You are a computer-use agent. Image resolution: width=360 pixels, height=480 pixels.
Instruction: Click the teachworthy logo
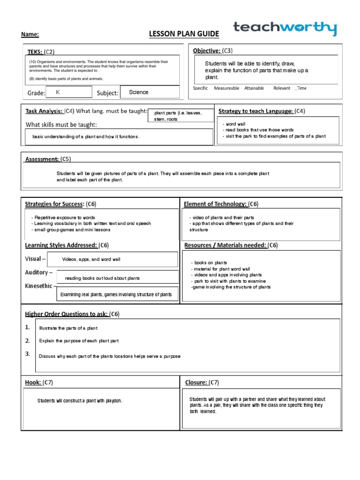pos(285,29)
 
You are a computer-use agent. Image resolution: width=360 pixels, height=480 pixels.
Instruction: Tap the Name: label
pos(30,35)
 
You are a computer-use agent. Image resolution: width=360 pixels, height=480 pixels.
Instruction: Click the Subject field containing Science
pos(149,92)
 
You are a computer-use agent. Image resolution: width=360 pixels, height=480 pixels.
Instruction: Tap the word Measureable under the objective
pos(226,88)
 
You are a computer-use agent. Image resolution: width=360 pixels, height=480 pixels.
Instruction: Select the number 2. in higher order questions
pos(28,341)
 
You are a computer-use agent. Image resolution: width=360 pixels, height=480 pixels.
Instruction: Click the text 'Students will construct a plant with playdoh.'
pos(80,401)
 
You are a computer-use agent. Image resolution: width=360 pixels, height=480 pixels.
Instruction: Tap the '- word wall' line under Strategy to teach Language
pos(234,124)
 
